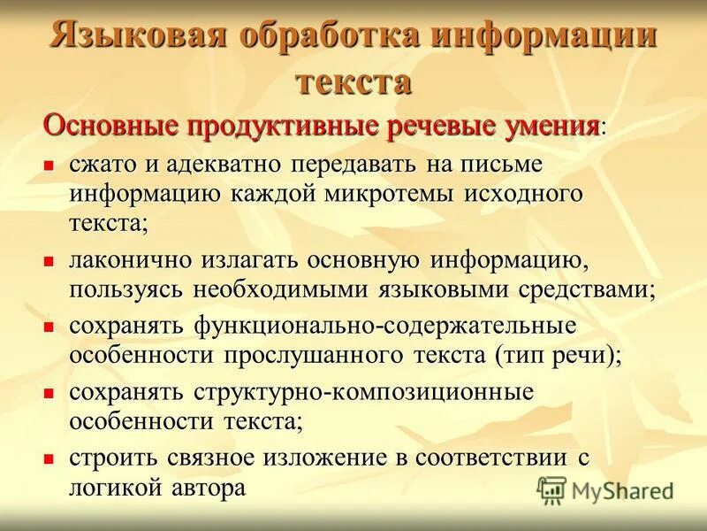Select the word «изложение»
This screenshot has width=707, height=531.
(x=320, y=458)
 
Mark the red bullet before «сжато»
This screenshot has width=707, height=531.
(x=49, y=165)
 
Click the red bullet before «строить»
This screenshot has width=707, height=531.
(x=49, y=458)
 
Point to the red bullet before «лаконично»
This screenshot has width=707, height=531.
(x=49, y=261)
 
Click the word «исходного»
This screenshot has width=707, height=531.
(x=521, y=193)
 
